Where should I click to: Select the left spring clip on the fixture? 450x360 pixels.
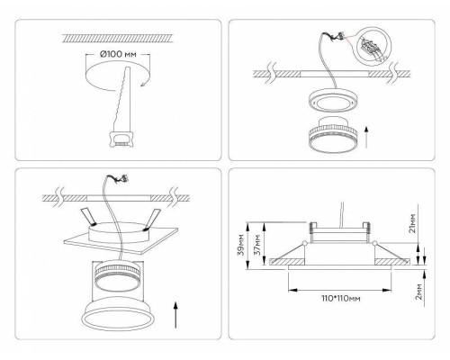(88, 217)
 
